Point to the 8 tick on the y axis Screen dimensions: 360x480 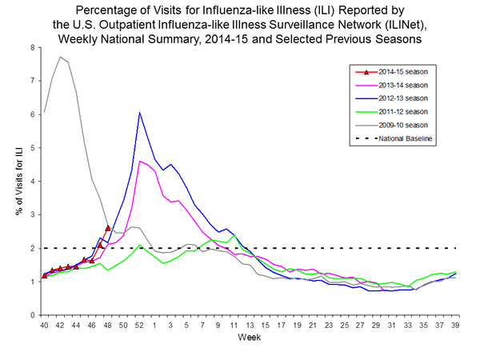tap(33, 47)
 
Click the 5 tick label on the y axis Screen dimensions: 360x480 tap(33, 148)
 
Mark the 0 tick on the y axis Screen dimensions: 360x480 tap(33, 315)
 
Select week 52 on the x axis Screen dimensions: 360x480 tap(139, 326)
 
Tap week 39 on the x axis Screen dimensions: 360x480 tap(456, 326)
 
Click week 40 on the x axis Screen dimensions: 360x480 tap(44, 326)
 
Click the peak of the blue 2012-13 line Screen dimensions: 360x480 tap(139, 113)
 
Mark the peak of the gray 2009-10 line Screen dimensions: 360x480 tap(60, 57)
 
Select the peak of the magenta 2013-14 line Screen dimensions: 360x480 tap(140, 161)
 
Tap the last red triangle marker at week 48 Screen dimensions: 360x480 tap(108, 228)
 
